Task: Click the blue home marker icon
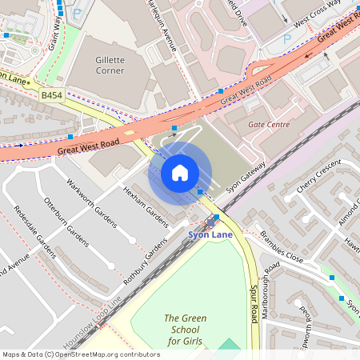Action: pyautogui.click(x=180, y=172)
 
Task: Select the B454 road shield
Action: pyautogui.click(x=52, y=94)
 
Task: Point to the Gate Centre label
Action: pyautogui.click(x=269, y=125)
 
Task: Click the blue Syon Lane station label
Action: pyautogui.click(x=209, y=234)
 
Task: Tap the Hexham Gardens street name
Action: pyautogui.click(x=145, y=206)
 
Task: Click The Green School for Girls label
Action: pyautogui.click(x=185, y=330)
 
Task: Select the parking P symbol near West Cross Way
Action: pyautogui.click(x=286, y=38)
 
